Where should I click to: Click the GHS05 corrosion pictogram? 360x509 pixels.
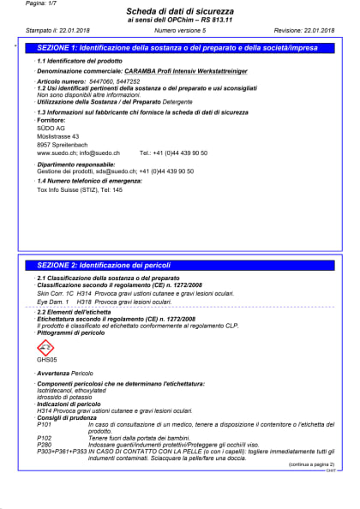click(46, 348)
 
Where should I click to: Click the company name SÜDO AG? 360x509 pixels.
click(50, 129)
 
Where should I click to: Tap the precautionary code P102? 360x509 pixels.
click(45, 438)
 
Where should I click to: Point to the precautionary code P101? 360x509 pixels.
click(45, 425)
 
